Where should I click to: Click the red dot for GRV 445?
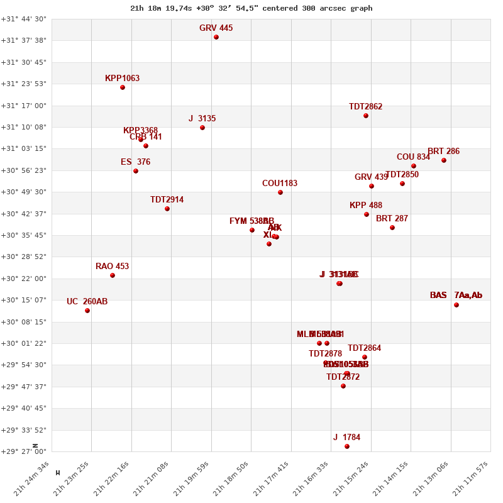coord(216,37)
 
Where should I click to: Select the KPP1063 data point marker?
coord(123,87)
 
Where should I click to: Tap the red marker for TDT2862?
coord(366,116)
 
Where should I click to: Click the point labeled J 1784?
coord(347,446)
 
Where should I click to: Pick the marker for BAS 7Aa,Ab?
coord(456,305)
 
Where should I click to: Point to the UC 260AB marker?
coord(87,311)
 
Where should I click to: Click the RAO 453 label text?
coord(112,267)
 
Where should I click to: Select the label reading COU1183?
coord(280,184)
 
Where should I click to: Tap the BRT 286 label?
coord(443,152)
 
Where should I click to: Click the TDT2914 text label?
coord(167,200)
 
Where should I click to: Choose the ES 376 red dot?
coord(136,171)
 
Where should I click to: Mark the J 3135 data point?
coord(202,128)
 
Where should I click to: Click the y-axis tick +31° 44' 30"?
coord(24,19)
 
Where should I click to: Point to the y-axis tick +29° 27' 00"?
coord(24,451)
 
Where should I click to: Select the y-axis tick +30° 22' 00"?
coord(24,279)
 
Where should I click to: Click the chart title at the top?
coord(251,8)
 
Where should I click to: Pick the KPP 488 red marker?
coord(367,214)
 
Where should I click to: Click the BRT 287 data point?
coord(392,228)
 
